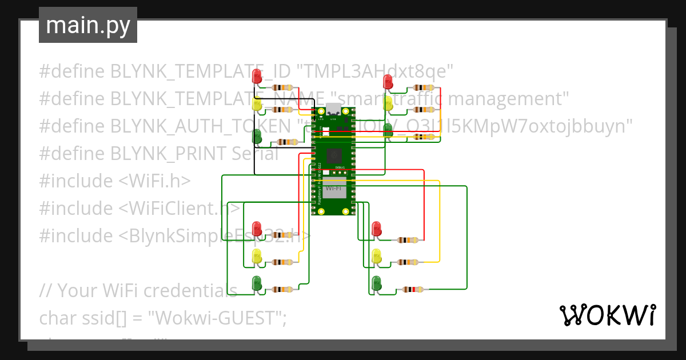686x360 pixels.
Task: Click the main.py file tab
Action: [87, 25]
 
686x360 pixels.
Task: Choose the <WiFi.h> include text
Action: [154, 181]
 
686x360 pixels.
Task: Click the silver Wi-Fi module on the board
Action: [334, 187]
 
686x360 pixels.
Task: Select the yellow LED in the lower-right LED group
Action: [376, 256]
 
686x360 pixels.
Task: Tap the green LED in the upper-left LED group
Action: [257, 136]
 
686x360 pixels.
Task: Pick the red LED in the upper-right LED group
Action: [388, 81]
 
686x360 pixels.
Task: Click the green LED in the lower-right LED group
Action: [376, 282]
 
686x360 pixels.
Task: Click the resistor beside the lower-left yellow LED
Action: [284, 262]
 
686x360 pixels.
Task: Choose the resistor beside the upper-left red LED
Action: [284, 87]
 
